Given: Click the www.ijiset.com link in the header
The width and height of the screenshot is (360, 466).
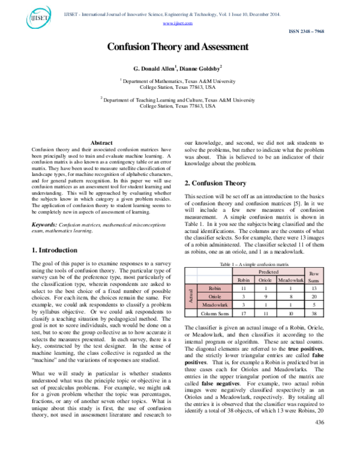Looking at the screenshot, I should (178, 23).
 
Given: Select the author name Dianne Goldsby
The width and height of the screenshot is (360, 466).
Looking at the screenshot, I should (201, 68).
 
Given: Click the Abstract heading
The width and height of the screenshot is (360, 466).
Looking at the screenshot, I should (101, 142).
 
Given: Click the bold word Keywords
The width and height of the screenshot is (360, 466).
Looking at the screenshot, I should (47, 208).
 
